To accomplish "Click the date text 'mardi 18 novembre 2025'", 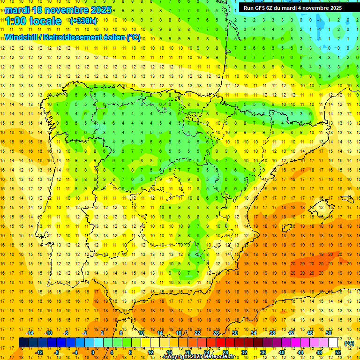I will [x=58, y=10].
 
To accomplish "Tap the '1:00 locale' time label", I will [x=33, y=21].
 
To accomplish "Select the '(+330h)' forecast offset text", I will [x=83, y=21].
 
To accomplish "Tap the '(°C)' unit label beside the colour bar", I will [x=349, y=343].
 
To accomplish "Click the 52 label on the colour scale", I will [x=338, y=352].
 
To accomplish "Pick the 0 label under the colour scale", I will [x=93, y=352].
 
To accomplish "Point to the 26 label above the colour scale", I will [x=216, y=333].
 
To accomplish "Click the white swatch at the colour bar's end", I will [x=333, y=343].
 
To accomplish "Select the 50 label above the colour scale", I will [x=329, y=333].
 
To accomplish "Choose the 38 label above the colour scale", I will [x=272, y=333].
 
